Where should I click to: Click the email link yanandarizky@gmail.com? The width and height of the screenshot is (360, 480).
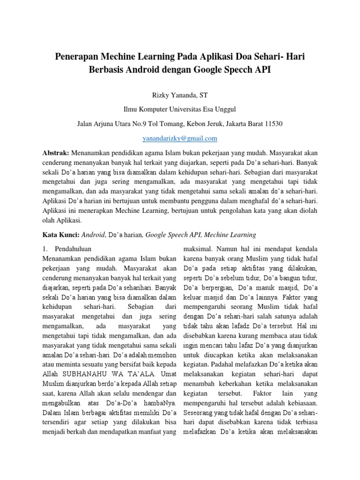[x=180, y=138]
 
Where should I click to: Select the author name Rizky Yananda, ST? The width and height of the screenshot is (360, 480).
[x=180, y=95]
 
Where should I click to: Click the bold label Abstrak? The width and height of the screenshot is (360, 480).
[x=56, y=153]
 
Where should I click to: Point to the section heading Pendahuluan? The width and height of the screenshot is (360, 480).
[x=73, y=248]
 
